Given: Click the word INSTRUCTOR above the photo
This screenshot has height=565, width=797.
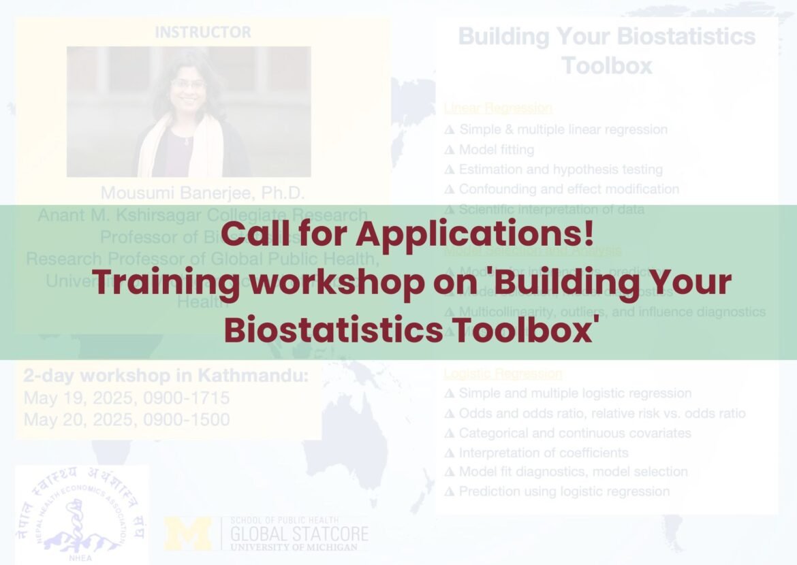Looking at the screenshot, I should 202,32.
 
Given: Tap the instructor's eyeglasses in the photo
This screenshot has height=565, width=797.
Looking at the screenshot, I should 188,84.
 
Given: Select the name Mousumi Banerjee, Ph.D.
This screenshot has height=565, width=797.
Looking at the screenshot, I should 202,193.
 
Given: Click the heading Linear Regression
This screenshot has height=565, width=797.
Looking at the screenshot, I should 498,108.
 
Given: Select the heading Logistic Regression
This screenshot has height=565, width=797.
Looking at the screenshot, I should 503,374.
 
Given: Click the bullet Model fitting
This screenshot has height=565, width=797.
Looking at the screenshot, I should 496,149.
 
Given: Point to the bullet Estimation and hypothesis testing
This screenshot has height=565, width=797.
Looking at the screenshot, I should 560,169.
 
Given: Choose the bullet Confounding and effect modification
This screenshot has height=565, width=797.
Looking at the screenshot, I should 568,189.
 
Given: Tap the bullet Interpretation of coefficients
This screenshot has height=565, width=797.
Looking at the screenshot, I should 543,452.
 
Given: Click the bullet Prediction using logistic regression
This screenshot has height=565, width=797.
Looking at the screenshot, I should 563,491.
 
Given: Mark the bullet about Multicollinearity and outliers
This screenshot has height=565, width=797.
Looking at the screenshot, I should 611,312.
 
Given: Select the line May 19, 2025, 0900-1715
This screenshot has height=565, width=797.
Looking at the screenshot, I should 127,398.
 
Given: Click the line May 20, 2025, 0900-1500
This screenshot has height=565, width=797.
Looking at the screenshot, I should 127,419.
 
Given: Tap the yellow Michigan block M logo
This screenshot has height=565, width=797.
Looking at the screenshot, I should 188,533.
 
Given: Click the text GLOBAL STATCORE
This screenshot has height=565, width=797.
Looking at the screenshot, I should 299,534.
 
